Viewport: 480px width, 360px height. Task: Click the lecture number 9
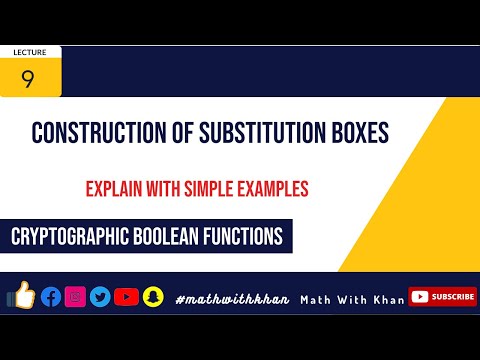(28, 78)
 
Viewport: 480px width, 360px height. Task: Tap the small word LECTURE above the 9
(29, 51)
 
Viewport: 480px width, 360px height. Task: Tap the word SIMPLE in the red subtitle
(222, 188)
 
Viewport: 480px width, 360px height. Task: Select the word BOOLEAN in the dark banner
(176, 238)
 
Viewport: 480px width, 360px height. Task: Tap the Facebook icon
(51, 296)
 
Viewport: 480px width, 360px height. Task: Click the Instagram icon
(75, 296)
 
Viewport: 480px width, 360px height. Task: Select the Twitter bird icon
(100, 296)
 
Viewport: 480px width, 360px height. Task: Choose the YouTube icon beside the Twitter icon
(126, 296)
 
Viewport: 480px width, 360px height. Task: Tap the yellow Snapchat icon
(152, 296)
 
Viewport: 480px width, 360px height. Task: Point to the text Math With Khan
(353, 299)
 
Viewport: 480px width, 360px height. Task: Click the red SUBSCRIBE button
(443, 296)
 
